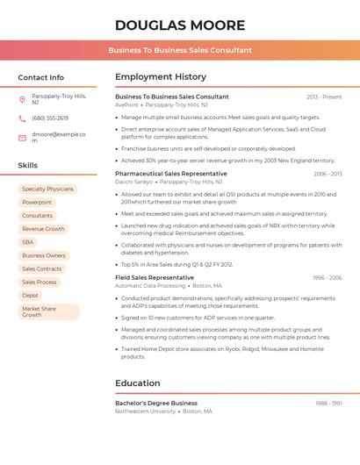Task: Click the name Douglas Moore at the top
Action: click(x=180, y=25)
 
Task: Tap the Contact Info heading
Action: click(x=41, y=77)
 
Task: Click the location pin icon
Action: click(x=22, y=99)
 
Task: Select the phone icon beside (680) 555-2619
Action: click(x=22, y=118)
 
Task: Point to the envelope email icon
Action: click(x=22, y=138)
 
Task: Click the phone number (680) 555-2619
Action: click(x=50, y=118)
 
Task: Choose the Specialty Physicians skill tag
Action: click(x=47, y=190)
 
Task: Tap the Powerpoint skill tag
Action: click(x=37, y=203)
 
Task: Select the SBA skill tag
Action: click(x=28, y=242)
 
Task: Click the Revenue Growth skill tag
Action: click(x=43, y=229)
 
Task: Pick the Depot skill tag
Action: click(x=31, y=296)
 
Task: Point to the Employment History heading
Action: click(x=161, y=77)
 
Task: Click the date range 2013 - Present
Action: click(x=324, y=97)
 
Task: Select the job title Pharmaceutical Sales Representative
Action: click(x=171, y=174)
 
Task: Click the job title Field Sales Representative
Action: click(x=155, y=278)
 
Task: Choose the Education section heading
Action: click(x=138, y=383)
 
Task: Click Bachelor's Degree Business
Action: click(x=156, y=404)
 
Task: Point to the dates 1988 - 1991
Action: click(x=328, y=404)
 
